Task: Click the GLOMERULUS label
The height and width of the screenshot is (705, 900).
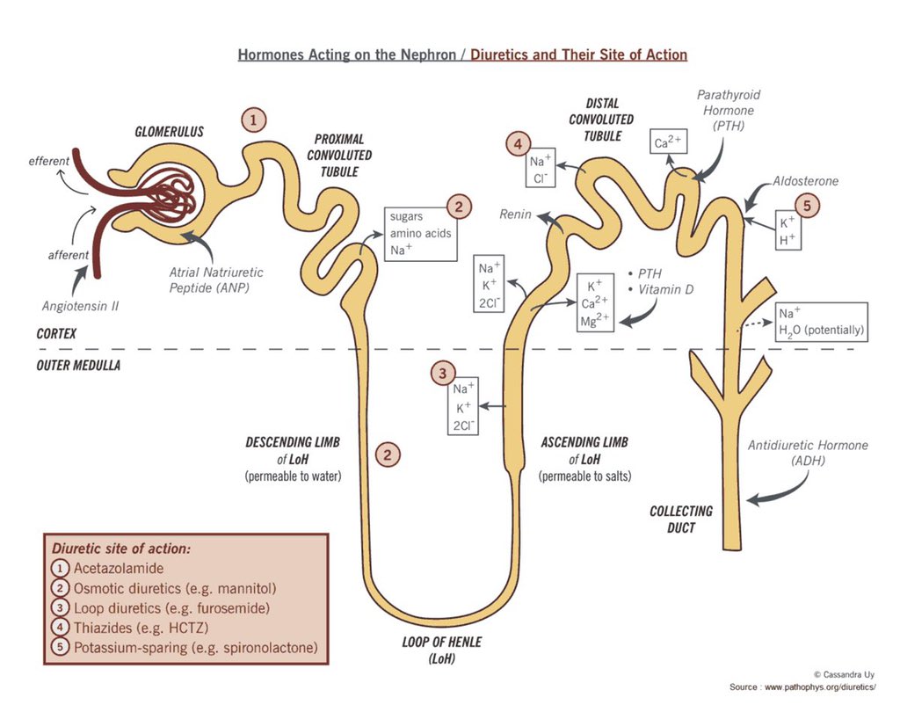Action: point(170,132)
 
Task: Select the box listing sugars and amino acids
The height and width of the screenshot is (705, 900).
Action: point(421,233)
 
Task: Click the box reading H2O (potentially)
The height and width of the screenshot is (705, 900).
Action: point(821,323)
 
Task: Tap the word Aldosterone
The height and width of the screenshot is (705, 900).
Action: point(805,181)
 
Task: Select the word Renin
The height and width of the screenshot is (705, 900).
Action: point(515,214)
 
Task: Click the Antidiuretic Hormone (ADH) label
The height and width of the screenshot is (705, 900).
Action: point(807,453)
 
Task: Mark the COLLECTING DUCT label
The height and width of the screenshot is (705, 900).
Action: point(681,519)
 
